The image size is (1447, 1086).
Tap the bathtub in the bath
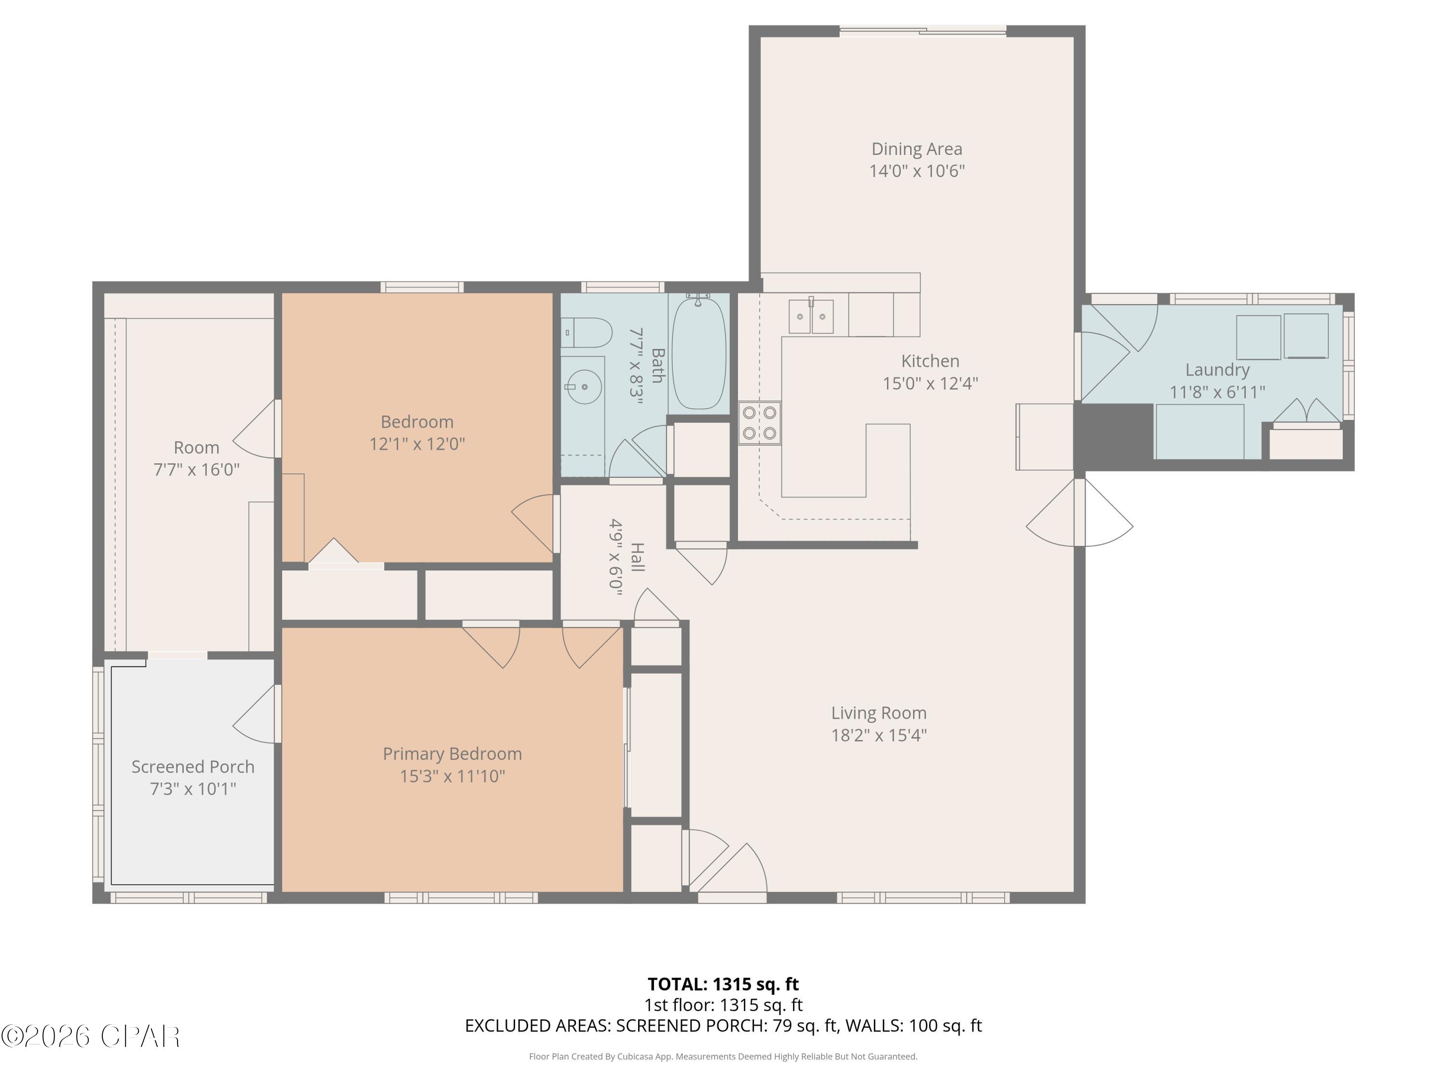tap(698, 354)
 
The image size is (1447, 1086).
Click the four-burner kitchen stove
tap(760, 423)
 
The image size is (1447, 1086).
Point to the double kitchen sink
tap(811, 316)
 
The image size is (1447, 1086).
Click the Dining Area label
tap(916, 149)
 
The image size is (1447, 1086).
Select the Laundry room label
tap(1217, 370)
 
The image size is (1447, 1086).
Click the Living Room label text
tap(878, 713)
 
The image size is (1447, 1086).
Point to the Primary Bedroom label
tap(452, 754)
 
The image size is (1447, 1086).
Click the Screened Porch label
tap(193, 766)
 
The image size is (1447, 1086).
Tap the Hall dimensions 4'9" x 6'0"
tap(615, 557)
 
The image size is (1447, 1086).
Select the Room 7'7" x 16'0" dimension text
tap(196, 469)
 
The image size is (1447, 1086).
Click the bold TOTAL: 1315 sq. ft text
tap(723, 984)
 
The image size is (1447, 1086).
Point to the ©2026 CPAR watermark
tap(90, 1036)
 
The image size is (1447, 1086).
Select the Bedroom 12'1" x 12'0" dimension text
tap(417, 444)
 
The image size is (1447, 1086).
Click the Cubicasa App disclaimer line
tap(723, 1056)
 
